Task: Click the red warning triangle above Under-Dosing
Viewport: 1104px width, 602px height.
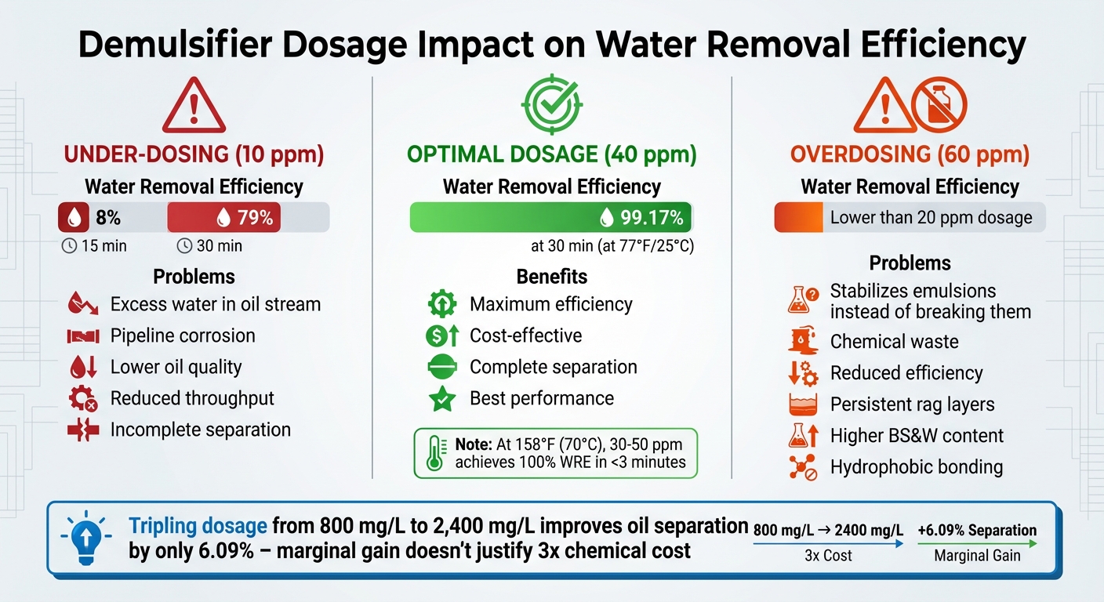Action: (x=194, y=107)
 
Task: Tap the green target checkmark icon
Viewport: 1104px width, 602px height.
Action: (x=552, y=103)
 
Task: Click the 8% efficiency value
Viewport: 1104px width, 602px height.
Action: (x=108, y=217)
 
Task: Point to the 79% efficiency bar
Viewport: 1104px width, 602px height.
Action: (x=223, y=217)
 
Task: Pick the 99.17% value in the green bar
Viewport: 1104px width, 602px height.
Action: (x=651, y=217)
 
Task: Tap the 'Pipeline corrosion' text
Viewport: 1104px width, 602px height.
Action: (x=183, y=335)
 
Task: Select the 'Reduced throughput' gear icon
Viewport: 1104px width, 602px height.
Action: (x=82, y=399)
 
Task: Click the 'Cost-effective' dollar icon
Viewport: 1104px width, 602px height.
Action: (x=441, y=335)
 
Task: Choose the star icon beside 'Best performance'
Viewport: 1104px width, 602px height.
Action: (x=441, y=399)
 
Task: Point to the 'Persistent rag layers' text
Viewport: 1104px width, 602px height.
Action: (x=912, y=404)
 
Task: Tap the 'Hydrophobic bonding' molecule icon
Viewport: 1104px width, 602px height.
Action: (x=802, y=467)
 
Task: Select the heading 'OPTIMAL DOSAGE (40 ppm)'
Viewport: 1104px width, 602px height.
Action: (x=551, y=154)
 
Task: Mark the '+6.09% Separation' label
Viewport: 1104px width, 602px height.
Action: (x=977, y=531)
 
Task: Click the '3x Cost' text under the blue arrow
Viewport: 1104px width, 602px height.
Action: (x=828, y=556)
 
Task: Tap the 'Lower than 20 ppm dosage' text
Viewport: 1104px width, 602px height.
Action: (x=931, y=217)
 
